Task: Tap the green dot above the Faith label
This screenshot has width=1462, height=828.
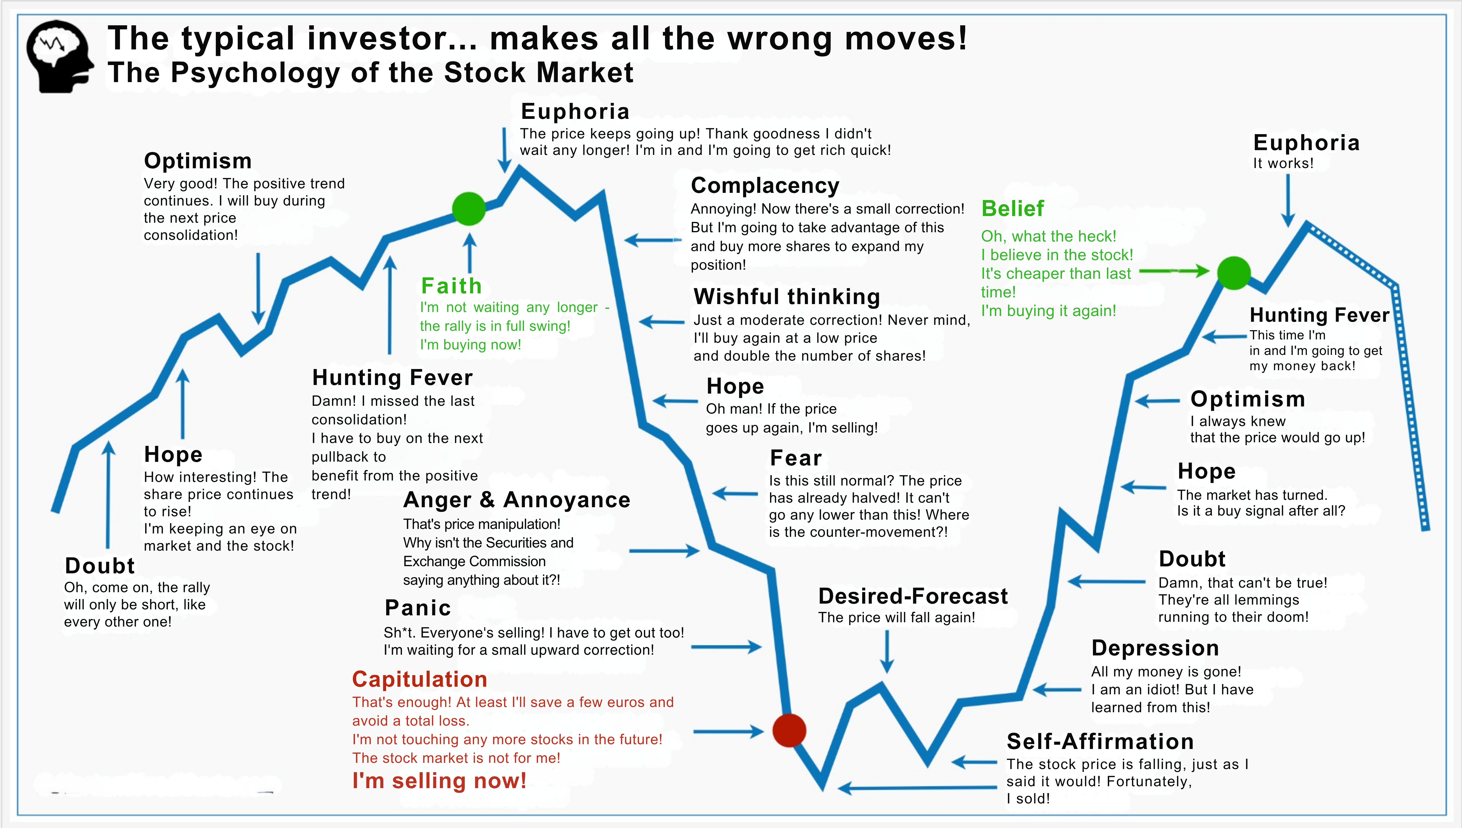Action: pyautogui.click(x=469, y=209)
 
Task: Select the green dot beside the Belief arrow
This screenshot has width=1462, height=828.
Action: pyautogui.click(x=1233, y=273)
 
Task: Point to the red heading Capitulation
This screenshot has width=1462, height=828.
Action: pyautogui.click(x=420, y=679)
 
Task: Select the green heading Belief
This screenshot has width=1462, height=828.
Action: pyautogui.click(x=1013, y=209)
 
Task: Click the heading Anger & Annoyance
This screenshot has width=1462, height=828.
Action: pyautogui.click(x=516, y=500)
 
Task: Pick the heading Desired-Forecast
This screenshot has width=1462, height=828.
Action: pyautogui.click(x=913, y=596)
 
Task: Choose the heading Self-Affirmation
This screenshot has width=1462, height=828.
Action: pyautogui.click(x=1100, y=742)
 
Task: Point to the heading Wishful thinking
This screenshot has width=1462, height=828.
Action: pyautogui.click(x=786, y=296)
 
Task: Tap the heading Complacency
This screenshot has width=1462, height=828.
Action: pyautogui.click(x=765, y=185)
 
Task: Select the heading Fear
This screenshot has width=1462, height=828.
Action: pyautogui.click(x=796, y=458)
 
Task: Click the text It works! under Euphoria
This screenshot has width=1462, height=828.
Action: pyautogui.click(x=1283, y=163)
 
